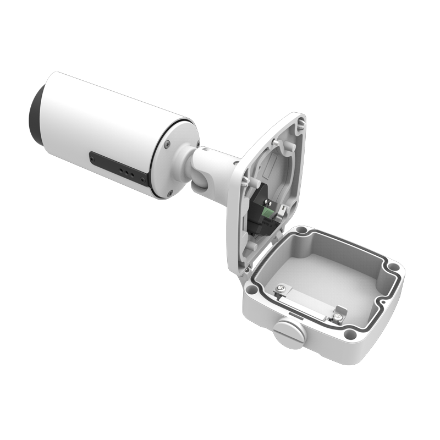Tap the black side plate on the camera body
point(118,168)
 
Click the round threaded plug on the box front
point(289,334)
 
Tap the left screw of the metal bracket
point(282,288)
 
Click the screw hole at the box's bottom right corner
point(347,333)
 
